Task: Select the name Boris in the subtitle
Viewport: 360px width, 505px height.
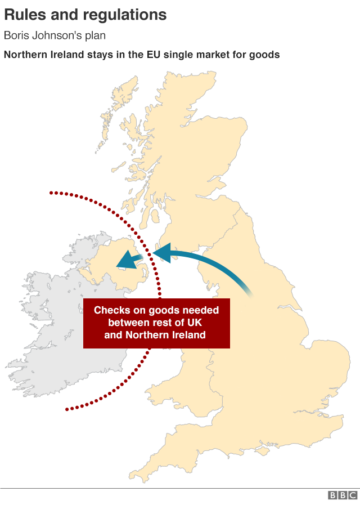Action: tap(17, 35)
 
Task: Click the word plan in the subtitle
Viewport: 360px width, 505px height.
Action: tap(95, 37)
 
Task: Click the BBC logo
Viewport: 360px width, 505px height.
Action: tap(343, 495)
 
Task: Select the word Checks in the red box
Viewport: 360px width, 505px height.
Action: tap(111, 310)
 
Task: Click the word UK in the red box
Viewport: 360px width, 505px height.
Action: tap(193, 323)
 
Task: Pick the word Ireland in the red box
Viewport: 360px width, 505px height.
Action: tap(188, 335)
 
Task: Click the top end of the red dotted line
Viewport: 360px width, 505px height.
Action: tap(51, 193)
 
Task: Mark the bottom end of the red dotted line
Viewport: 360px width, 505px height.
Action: tap(67, 409)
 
